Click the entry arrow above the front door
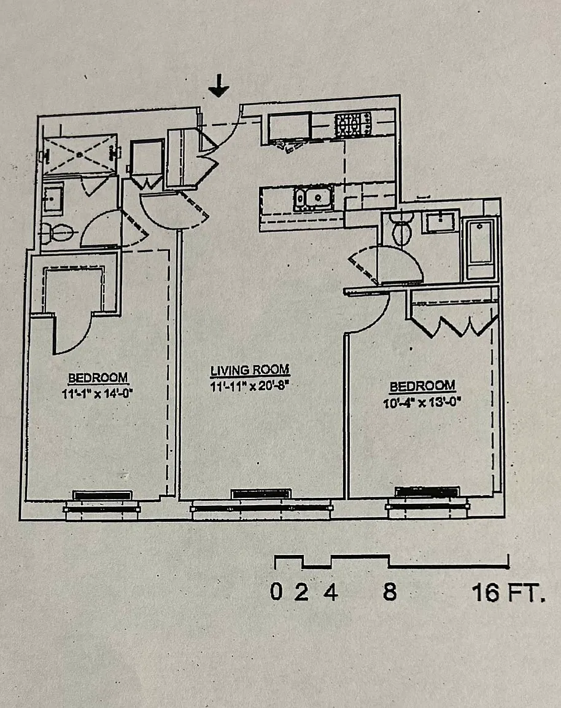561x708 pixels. tap(219, 86)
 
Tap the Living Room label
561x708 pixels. tap(250, 370)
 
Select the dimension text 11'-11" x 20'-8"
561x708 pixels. tap(249, 387)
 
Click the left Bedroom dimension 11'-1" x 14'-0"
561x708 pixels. tap(97, 393)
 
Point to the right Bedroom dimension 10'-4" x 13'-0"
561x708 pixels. tap(422, 402)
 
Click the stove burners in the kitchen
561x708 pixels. tap(353, 125)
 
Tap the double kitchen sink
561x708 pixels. tap(314, 198)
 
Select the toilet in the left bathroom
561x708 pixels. tap(57, 234)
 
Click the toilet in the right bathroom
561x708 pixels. tap(402, 228)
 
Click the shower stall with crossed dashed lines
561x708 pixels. tap(79, 154)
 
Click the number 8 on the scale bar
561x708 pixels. tap(390, 591)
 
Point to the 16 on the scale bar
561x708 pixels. tap(486, 592)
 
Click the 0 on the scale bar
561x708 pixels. tap(276, 591)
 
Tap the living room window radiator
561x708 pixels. tap(261, 494)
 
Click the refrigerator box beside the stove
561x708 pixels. tap(289, 127)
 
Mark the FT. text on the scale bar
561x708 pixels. tap(526, 593)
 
